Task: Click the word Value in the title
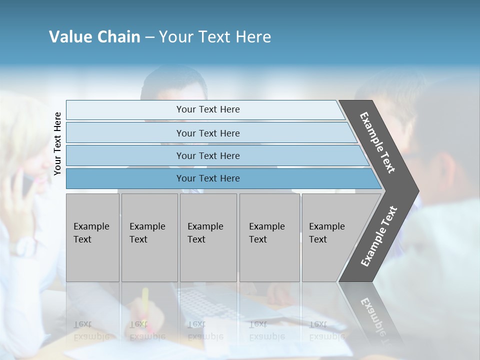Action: [69, 37]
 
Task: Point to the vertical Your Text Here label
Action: [57, 143]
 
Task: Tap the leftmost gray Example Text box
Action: [92, 237]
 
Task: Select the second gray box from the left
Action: [149, 237]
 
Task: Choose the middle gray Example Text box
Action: [208, 237]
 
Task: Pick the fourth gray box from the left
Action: [269, 237]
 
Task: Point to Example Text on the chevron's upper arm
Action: [378, 142]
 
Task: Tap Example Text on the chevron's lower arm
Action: [379, 236]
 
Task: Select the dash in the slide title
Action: [149, 37]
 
